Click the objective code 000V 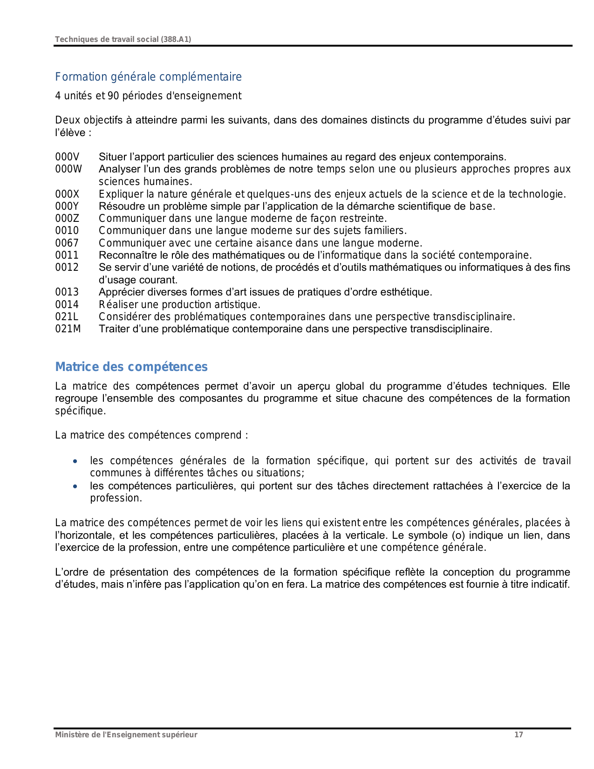click(67, 157)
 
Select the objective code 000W click(68, 169)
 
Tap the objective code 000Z click(67, 219)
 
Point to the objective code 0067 click(67, 243)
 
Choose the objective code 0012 click(67, 268)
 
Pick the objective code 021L click(67, 317)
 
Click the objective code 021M click(68, 329)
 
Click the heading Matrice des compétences click(131, 367)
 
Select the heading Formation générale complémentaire click(148, 77)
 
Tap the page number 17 click(519, 735)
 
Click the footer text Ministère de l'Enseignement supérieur click(126, 735)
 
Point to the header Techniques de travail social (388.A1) click(123, 40)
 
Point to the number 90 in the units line click(113, 96)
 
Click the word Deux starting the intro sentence click(67, 120)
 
